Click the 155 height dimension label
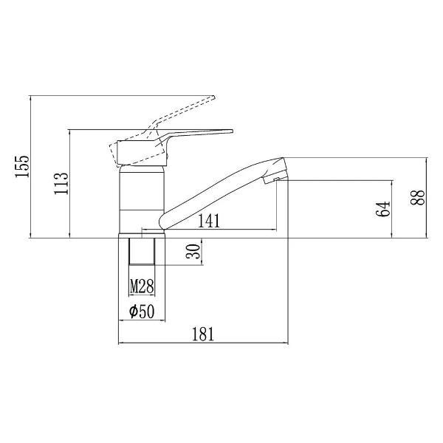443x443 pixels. [22, 167]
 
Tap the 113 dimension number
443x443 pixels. [62, 182]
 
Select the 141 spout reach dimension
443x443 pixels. [209, 219]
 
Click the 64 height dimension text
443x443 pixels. [382, 209]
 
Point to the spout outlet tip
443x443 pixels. [276, 174]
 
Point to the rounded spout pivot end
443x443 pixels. [166, 221]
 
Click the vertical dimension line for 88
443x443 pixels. [429, 198]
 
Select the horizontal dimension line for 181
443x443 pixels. [203, 344]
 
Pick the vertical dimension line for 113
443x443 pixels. [70, 185]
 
